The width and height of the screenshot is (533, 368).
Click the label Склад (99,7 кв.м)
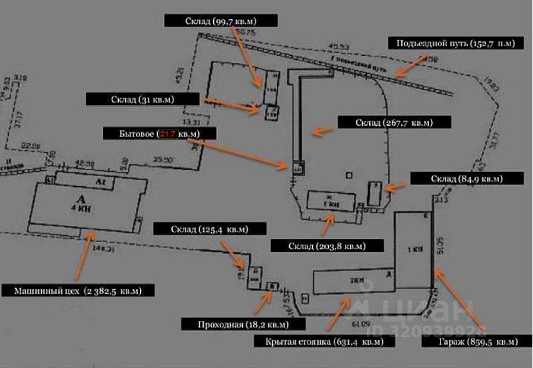point(220,21)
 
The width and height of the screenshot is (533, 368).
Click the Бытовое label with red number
point(160,134)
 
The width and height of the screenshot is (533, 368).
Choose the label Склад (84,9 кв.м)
point(466,179)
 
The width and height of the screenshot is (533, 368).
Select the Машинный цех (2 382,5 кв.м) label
point(79,290)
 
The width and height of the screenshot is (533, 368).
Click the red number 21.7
point(168,134)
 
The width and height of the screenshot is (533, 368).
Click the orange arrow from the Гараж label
point(457,301)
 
